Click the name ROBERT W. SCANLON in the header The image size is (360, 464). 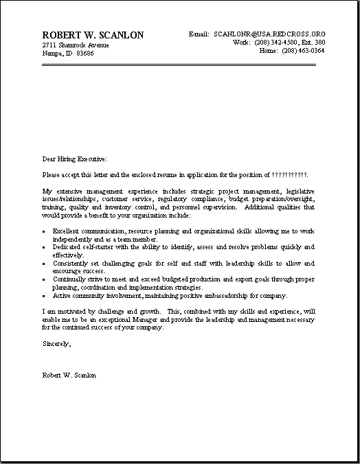tap(92, 35)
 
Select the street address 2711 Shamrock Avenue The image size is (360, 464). tap(75, 45)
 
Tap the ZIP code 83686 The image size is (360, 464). tap(85, 53)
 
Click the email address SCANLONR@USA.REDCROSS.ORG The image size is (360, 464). tap(270, 34)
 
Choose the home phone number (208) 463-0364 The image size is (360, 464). tap(302, 50)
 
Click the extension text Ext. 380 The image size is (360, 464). tap(314, 42)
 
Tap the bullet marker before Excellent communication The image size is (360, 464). tap(44, 231)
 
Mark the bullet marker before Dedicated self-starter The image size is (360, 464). tap(44, 247)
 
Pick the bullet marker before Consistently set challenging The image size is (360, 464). tap(44, 263)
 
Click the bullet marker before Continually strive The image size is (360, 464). tap(44, 279)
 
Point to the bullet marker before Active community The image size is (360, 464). tap(44, 296)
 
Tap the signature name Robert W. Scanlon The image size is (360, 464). tap(69, 375)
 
